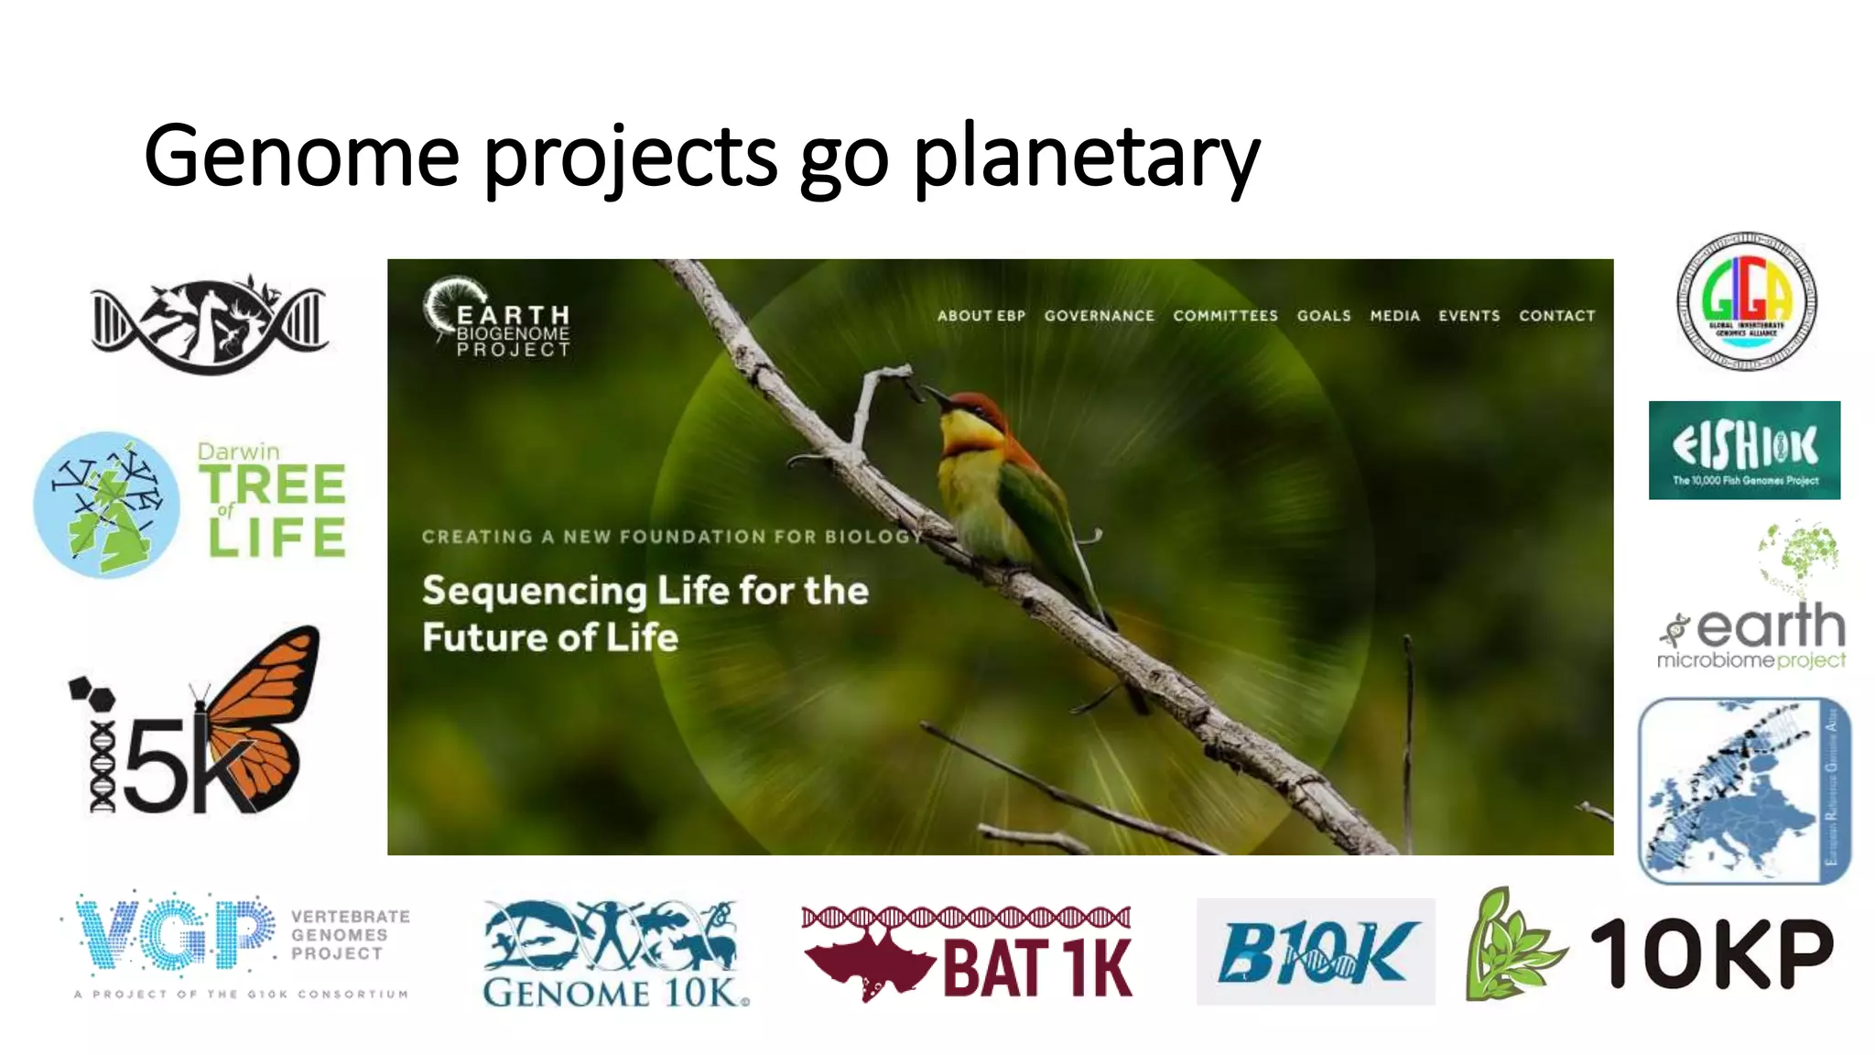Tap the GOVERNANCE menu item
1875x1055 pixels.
[x=1099, y=316]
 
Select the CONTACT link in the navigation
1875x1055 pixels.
[x=1556, y=316]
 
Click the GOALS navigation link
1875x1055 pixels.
[x=1323, y=316]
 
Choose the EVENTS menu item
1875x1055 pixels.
[x=1469, y=316]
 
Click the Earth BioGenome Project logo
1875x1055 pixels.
[x=498, y=318]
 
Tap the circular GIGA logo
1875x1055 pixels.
[x=1746, y=301]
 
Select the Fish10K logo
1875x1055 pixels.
[x=1744, y=450]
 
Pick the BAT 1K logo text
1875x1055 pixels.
[x=1037, y=968]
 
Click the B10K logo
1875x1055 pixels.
[x=1316, y=952]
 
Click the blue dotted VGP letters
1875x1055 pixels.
[x=174, y=934]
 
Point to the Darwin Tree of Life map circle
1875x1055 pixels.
[x=106, y=505]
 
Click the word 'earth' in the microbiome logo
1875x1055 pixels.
[x=1771, y=626]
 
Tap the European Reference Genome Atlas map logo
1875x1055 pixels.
[x=1744, y=790]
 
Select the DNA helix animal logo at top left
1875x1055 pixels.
[x=210, y=323]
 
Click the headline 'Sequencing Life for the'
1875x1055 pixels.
[x=645, y=591]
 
